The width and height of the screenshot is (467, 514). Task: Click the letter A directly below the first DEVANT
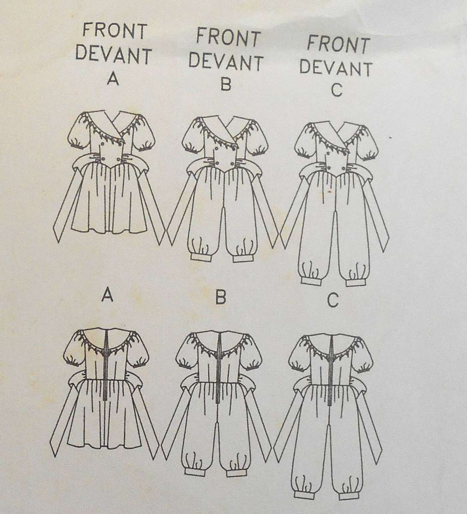pos(113,80)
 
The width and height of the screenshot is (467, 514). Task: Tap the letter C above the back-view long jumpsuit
pos(331,301)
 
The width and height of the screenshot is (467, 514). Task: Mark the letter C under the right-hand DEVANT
pos(337,90)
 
